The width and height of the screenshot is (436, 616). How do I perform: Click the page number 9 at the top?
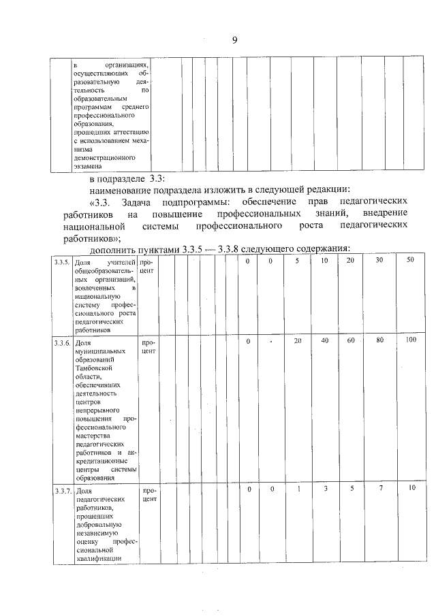(x=234, y=40)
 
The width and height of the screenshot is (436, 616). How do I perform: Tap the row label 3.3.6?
(x=62, y=343)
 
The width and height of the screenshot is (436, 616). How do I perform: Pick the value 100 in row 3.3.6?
(x=409, y=340)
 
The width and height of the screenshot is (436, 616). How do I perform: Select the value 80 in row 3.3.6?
(x=380, y=340)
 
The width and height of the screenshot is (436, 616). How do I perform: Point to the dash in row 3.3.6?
(x=270, y=342)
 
